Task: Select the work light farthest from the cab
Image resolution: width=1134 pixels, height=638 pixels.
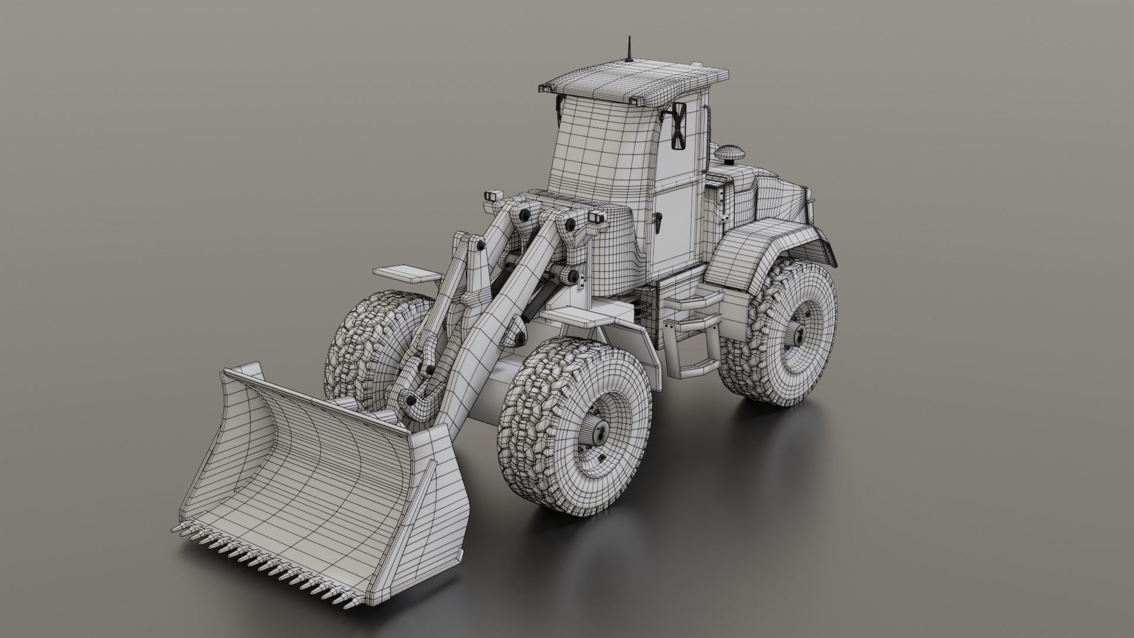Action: point(493,197)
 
